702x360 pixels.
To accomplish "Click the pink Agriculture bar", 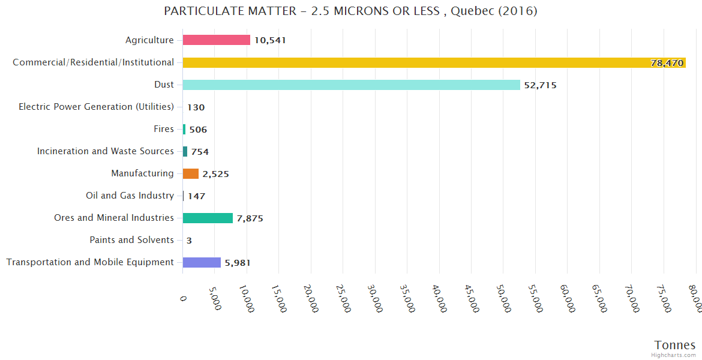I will pos(217,40).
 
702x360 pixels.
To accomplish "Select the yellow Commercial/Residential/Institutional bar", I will pos(434,62).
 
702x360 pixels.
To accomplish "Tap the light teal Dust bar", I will pos(351,85).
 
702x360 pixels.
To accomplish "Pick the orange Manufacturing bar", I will pos(191,173).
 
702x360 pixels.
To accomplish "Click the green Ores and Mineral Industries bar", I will pos(208,218).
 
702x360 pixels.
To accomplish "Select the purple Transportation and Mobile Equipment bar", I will pos(202,262).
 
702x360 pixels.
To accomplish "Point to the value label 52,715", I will pos(540,85).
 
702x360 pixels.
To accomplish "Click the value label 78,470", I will pos(667,63).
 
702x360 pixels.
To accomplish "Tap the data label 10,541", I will pos(270,41).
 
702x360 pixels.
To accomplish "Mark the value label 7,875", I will pos(250,218).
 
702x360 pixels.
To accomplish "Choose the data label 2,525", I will pos(215,174).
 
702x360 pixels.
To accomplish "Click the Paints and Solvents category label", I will pos(131,240).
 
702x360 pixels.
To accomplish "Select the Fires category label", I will pos(164,129).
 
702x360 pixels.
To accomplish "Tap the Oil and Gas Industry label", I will pos(130,196).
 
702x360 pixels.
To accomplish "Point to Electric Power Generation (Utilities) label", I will pos(96,107).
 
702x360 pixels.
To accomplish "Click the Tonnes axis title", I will pos(674,345).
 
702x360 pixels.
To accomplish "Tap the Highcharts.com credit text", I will pos(674,355).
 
